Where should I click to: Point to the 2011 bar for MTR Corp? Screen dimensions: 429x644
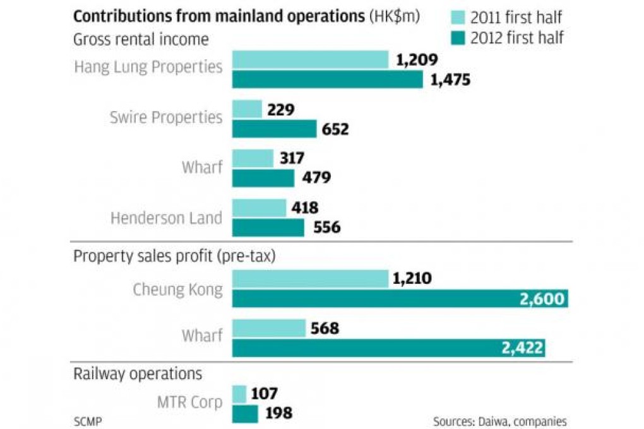pyautogui.click(x=239, y=394)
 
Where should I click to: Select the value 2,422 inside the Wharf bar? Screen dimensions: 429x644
pyautogui.click(x=522, y=348)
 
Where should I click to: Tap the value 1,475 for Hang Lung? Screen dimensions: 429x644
pyautogui.click(x=451, y=80)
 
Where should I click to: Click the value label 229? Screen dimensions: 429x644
pyautogui.click(x=281, y=109)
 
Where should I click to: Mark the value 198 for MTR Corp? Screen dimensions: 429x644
pyautogui.click(x=279, y=414)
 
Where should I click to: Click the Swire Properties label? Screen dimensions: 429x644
pyautogui.click(x=166, y=117)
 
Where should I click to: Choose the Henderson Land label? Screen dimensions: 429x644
pyautogui.click(x=166, y=218)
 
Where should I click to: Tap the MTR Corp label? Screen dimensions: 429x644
pyautogui.click(x=189, y=402)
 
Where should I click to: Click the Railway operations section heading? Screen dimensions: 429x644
pyautogui.click(x=138, y=373)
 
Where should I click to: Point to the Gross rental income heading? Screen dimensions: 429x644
pyautogui.click(x=141, y=39)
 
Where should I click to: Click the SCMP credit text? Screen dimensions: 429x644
pyautogui.click(x=88, y=420)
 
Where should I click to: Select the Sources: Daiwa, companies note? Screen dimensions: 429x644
pyautogui.click(x=499, y=421)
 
